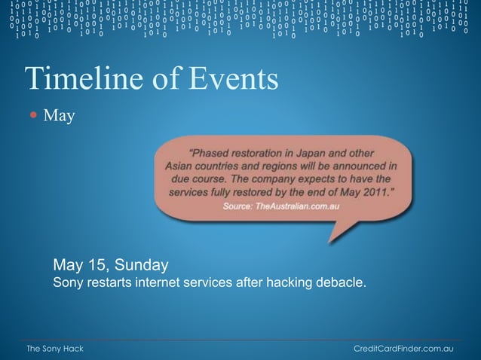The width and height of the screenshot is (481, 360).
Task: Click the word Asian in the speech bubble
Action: point(179,164)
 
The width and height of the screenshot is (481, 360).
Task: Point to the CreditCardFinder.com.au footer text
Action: point(403,349)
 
